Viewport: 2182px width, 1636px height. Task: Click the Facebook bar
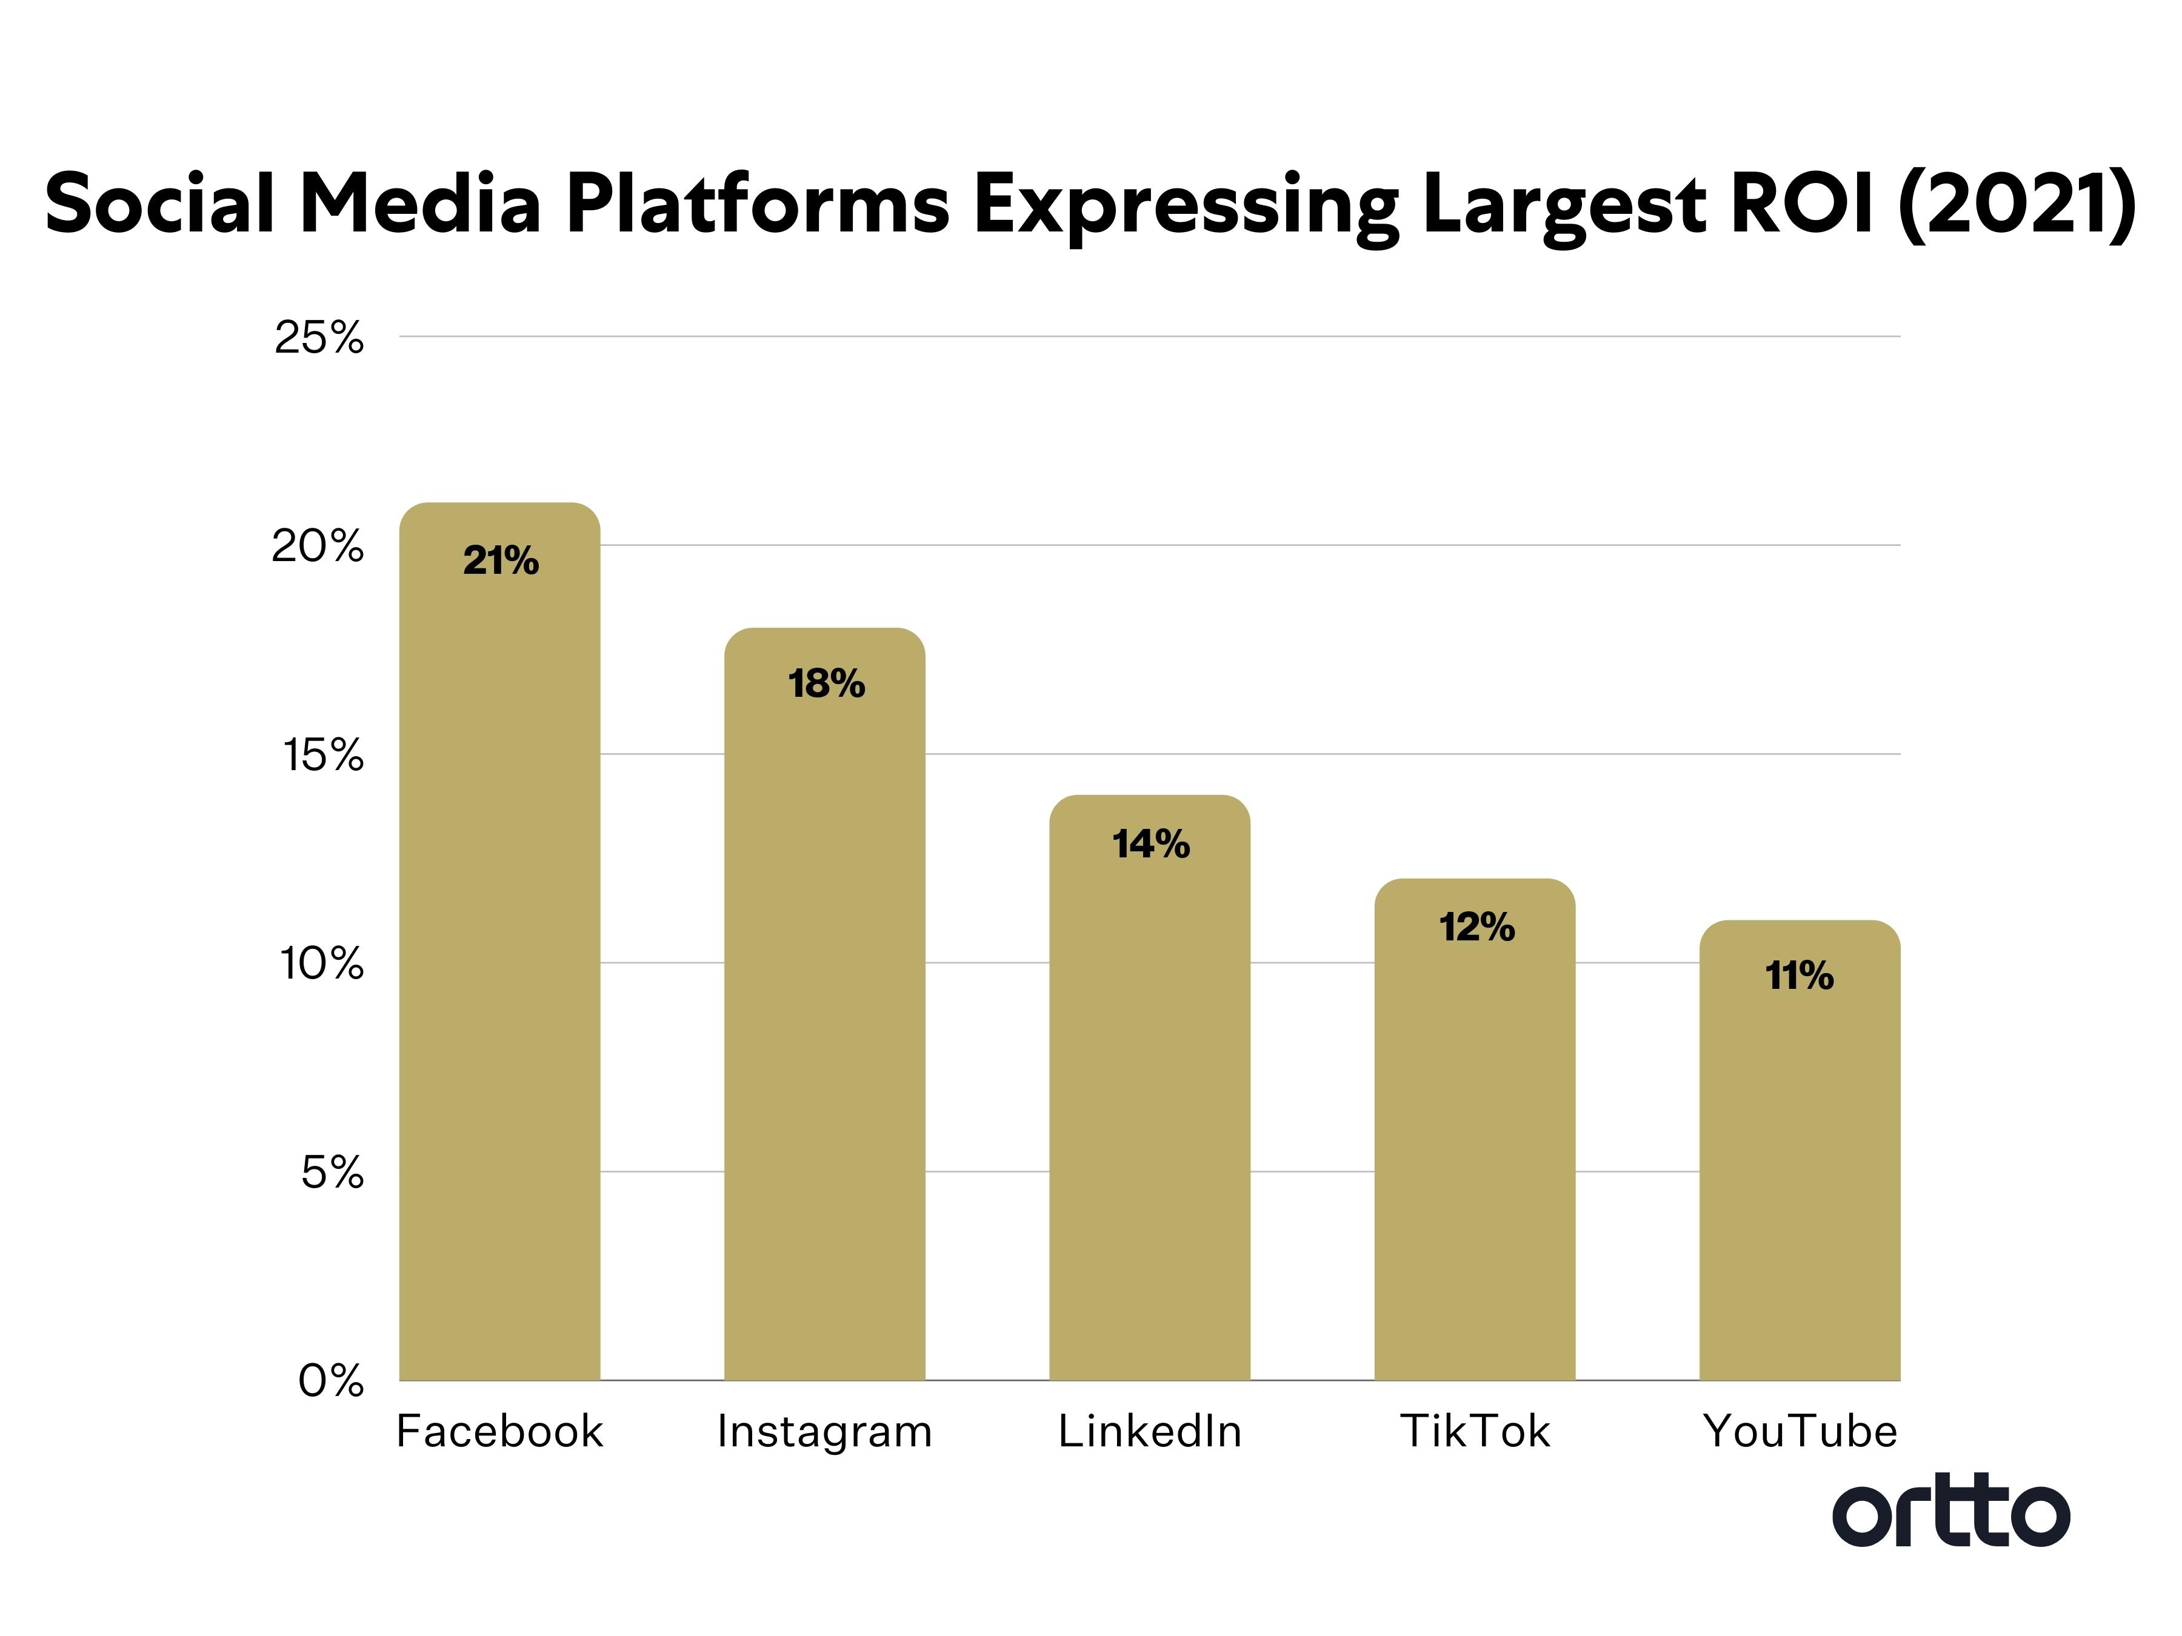499,966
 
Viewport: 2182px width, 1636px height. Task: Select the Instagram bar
825,1026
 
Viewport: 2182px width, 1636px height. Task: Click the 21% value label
501,561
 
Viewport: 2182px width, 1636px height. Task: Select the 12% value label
1476,927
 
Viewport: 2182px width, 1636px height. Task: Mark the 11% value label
1800,976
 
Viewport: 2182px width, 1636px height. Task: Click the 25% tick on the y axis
319,338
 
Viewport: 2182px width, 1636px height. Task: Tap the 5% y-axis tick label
332,1174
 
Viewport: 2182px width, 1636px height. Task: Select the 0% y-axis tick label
332,1382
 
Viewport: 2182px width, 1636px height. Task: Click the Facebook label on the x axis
499,1432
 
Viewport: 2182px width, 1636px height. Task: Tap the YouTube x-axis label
1800,1432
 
